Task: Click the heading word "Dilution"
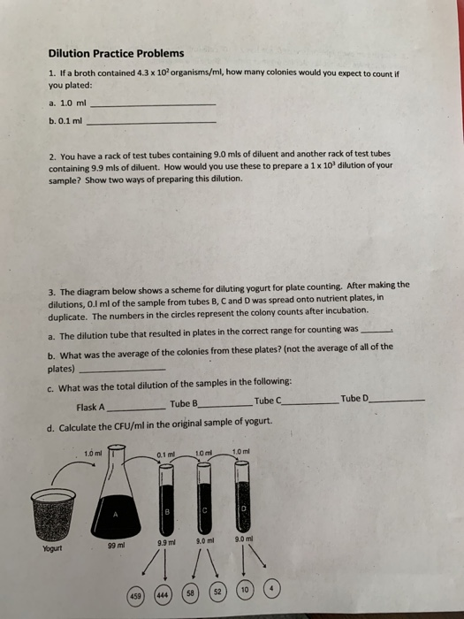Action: point(70,53)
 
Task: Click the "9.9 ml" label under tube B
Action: point(165,540)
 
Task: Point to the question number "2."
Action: point(52,155)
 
